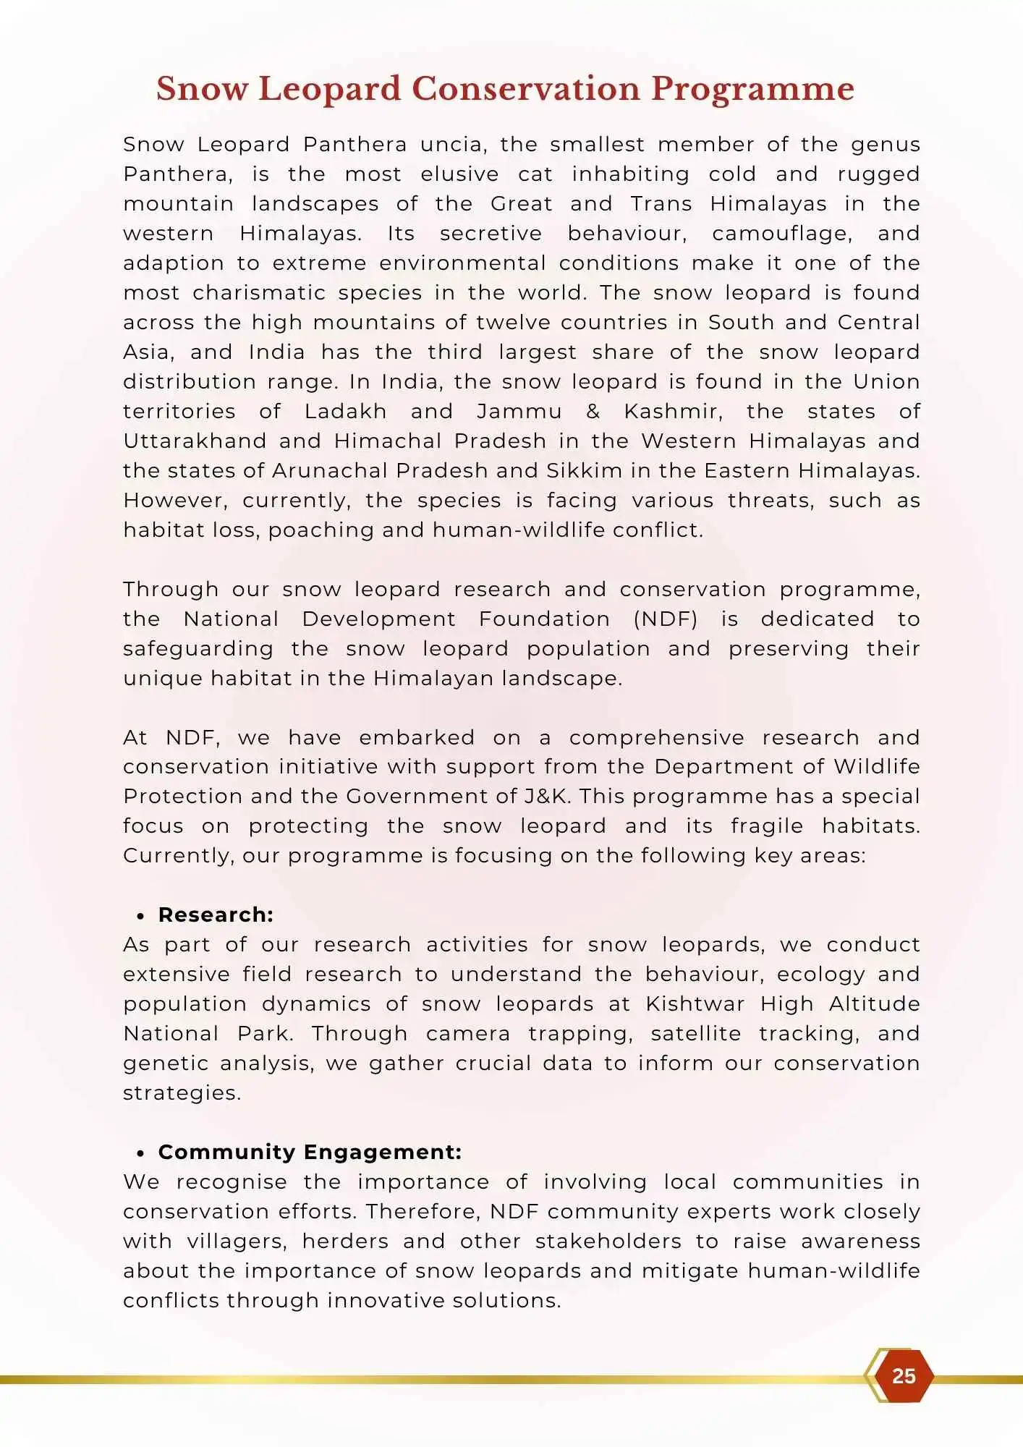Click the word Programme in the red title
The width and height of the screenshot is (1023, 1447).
point(752,90)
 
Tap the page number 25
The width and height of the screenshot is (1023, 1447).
point(904,1375)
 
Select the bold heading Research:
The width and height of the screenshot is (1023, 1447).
point(216,915)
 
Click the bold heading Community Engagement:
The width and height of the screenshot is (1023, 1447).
point(310,1152)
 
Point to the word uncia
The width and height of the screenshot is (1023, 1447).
point(453,145)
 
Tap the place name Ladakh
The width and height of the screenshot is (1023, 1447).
point(345,412)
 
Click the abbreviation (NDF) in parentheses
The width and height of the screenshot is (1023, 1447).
point(666,619)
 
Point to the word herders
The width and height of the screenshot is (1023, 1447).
point(344,1242)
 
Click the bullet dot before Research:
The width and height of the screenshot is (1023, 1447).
point(140,916)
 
